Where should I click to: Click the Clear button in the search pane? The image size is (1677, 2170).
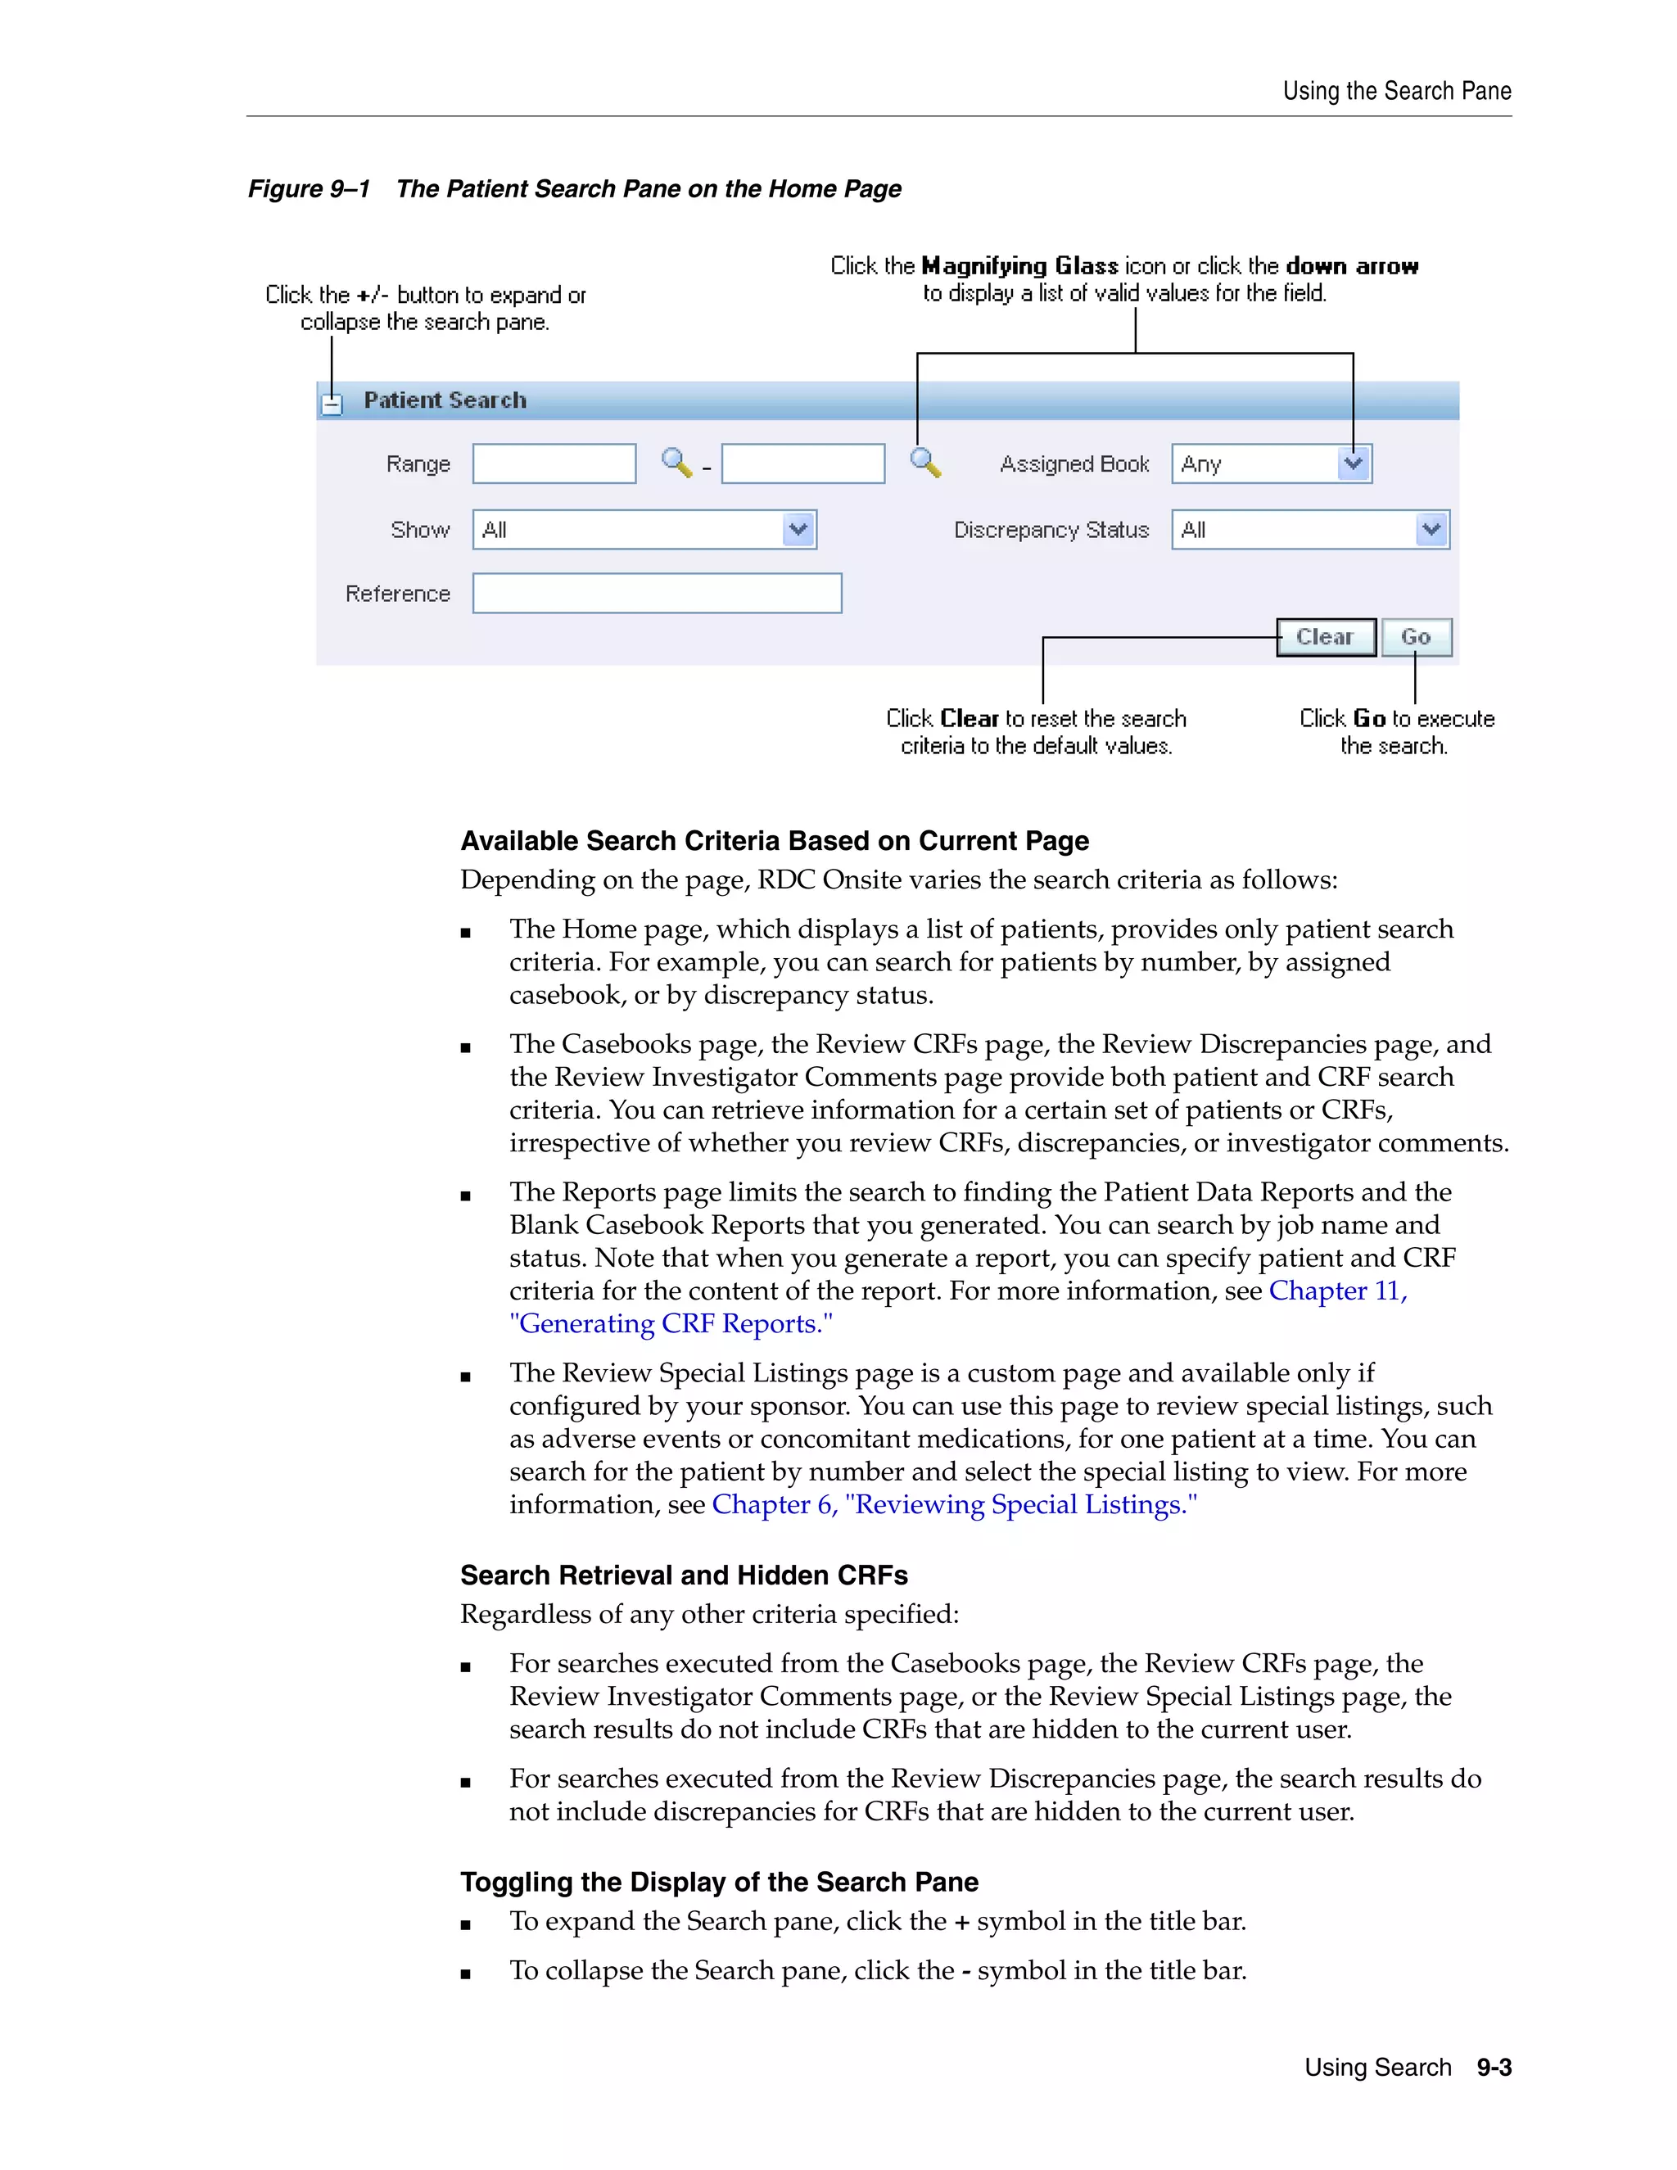point(1326,637)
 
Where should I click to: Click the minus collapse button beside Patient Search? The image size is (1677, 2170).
point(332,404)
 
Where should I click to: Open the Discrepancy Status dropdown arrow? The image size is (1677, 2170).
point(1431,530)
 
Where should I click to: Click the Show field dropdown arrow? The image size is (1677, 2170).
point(798,530)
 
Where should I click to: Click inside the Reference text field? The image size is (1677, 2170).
point(657,593)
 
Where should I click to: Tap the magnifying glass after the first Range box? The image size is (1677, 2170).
point(676,462)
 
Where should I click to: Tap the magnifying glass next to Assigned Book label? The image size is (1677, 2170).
point(925,462)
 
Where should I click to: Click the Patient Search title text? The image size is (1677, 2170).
point(445,400)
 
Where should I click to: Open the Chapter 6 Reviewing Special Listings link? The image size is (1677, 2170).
point(954,1504)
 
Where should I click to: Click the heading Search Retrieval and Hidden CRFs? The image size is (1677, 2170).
point(684,1575)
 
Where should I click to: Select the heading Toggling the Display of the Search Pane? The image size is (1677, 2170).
point(719,1882)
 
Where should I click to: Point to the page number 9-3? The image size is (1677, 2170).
point(1494,2068)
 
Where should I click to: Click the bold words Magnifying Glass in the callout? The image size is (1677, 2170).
point(1019,265)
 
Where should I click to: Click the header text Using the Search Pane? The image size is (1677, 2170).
point(1396,92)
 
